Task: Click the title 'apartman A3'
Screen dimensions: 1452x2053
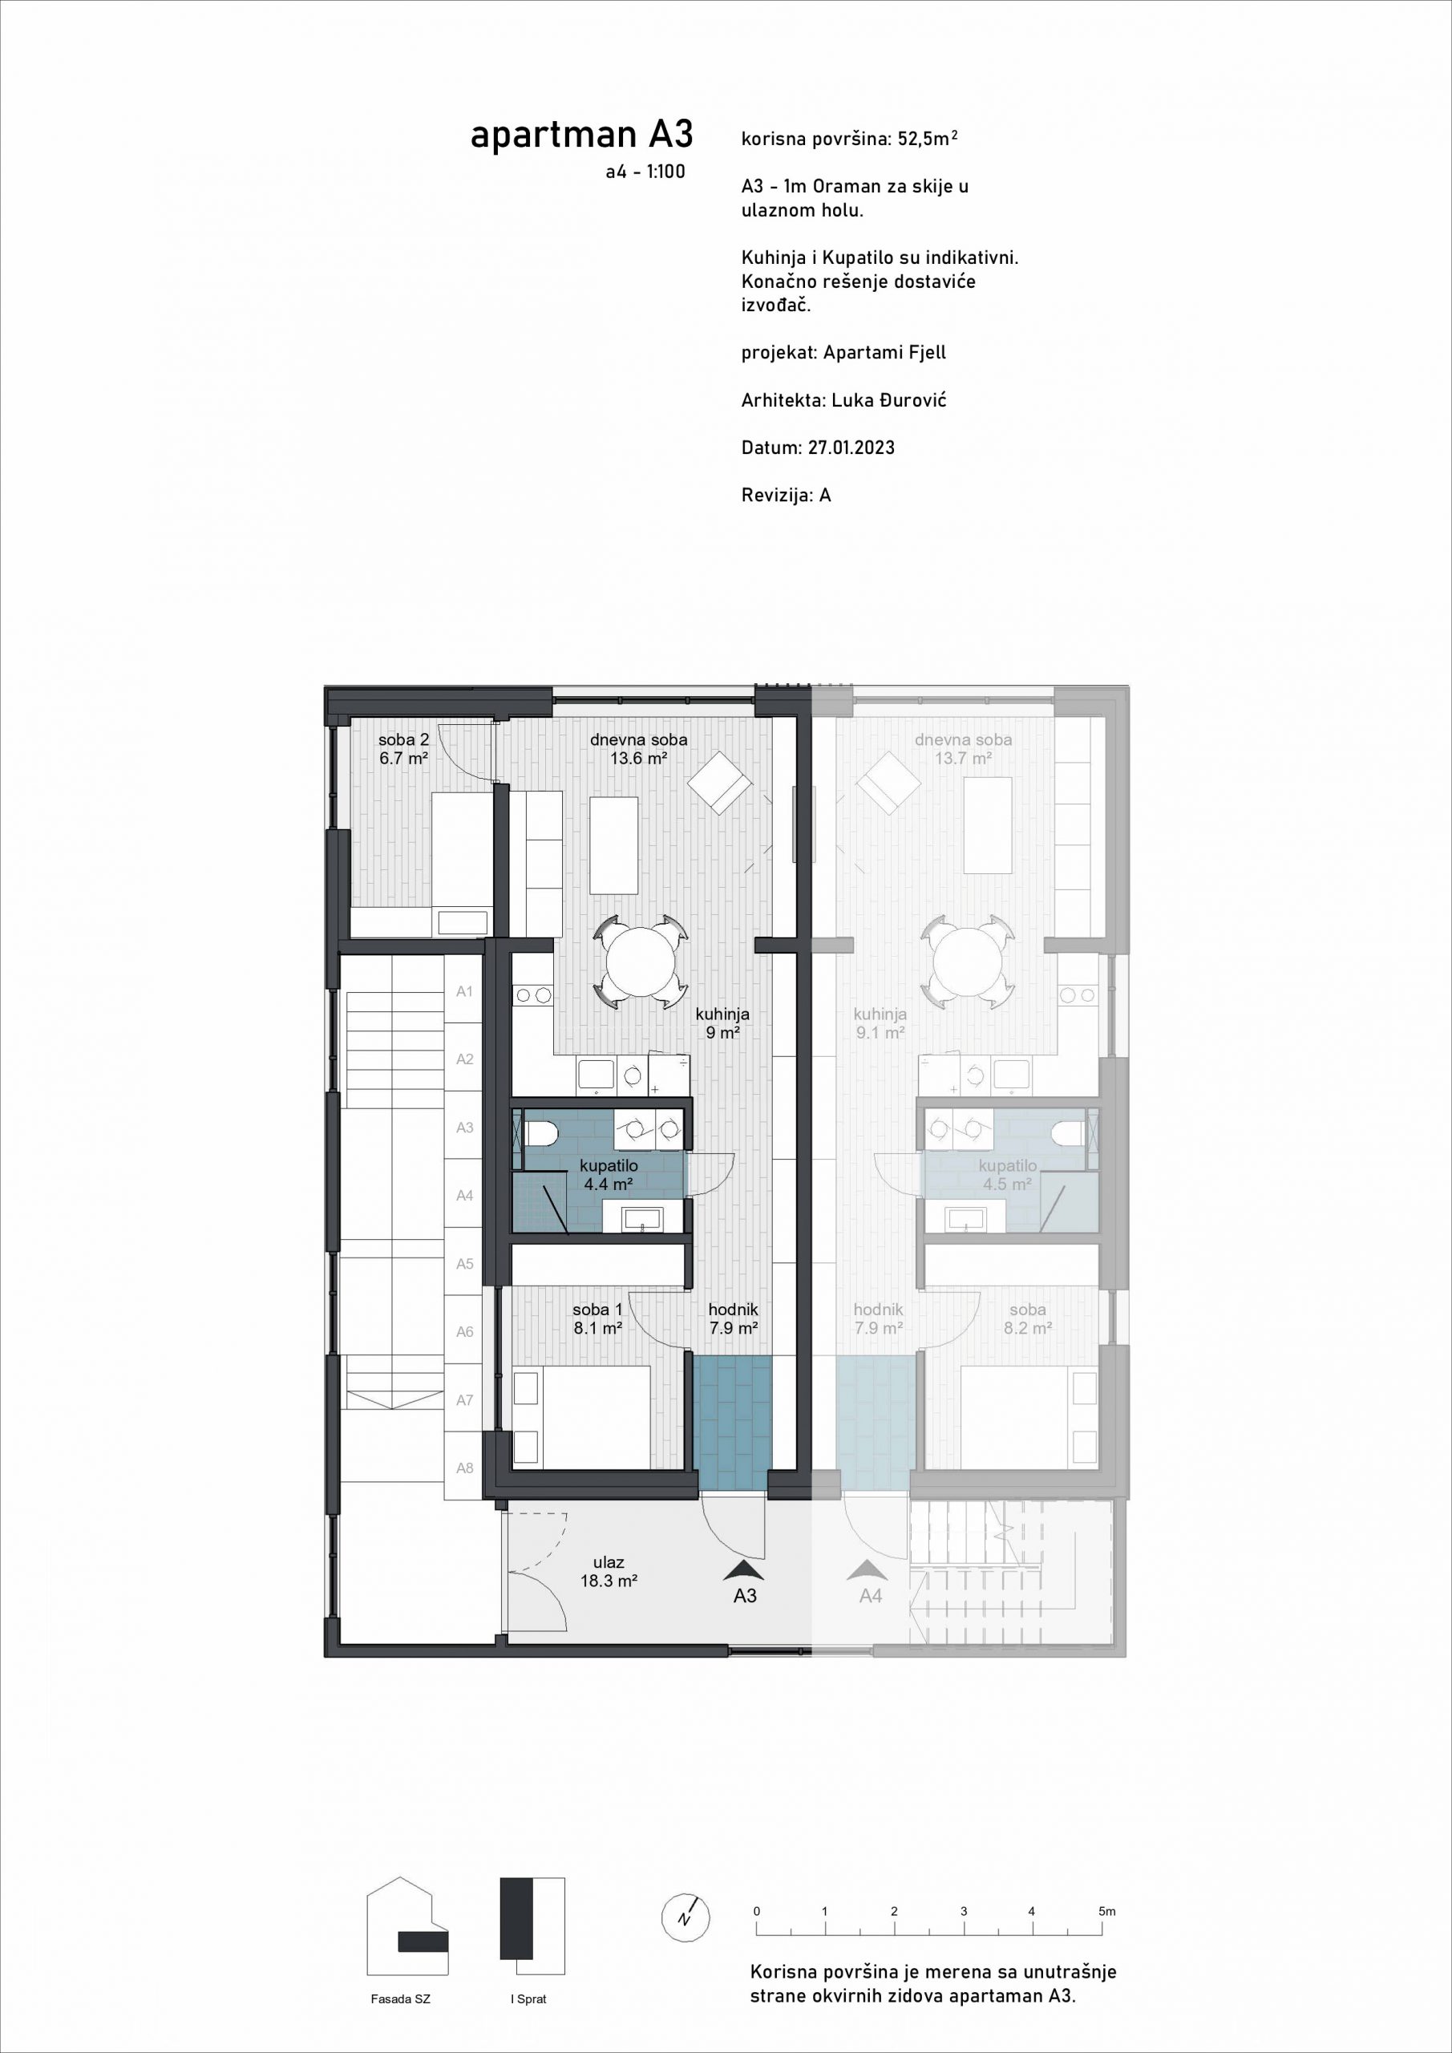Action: tap(581, 135)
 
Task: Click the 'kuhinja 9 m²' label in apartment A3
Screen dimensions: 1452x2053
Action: tap(722, 1023)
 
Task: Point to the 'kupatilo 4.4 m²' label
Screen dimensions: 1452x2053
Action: tap(609, 1175)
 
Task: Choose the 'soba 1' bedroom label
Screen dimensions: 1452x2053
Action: tap(597, 1310)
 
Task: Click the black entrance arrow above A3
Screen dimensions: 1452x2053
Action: tap(745, 1570)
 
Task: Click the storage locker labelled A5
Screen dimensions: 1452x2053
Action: tap(464, 1262)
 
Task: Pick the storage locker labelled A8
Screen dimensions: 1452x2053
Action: tap(464, 1468)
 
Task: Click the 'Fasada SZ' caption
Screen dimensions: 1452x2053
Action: tap(401, 1999)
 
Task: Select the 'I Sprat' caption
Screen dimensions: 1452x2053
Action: tap(528, 1999)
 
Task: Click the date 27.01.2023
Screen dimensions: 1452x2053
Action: tap(851, 447)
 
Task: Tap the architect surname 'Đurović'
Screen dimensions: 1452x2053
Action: tap(913, 399)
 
